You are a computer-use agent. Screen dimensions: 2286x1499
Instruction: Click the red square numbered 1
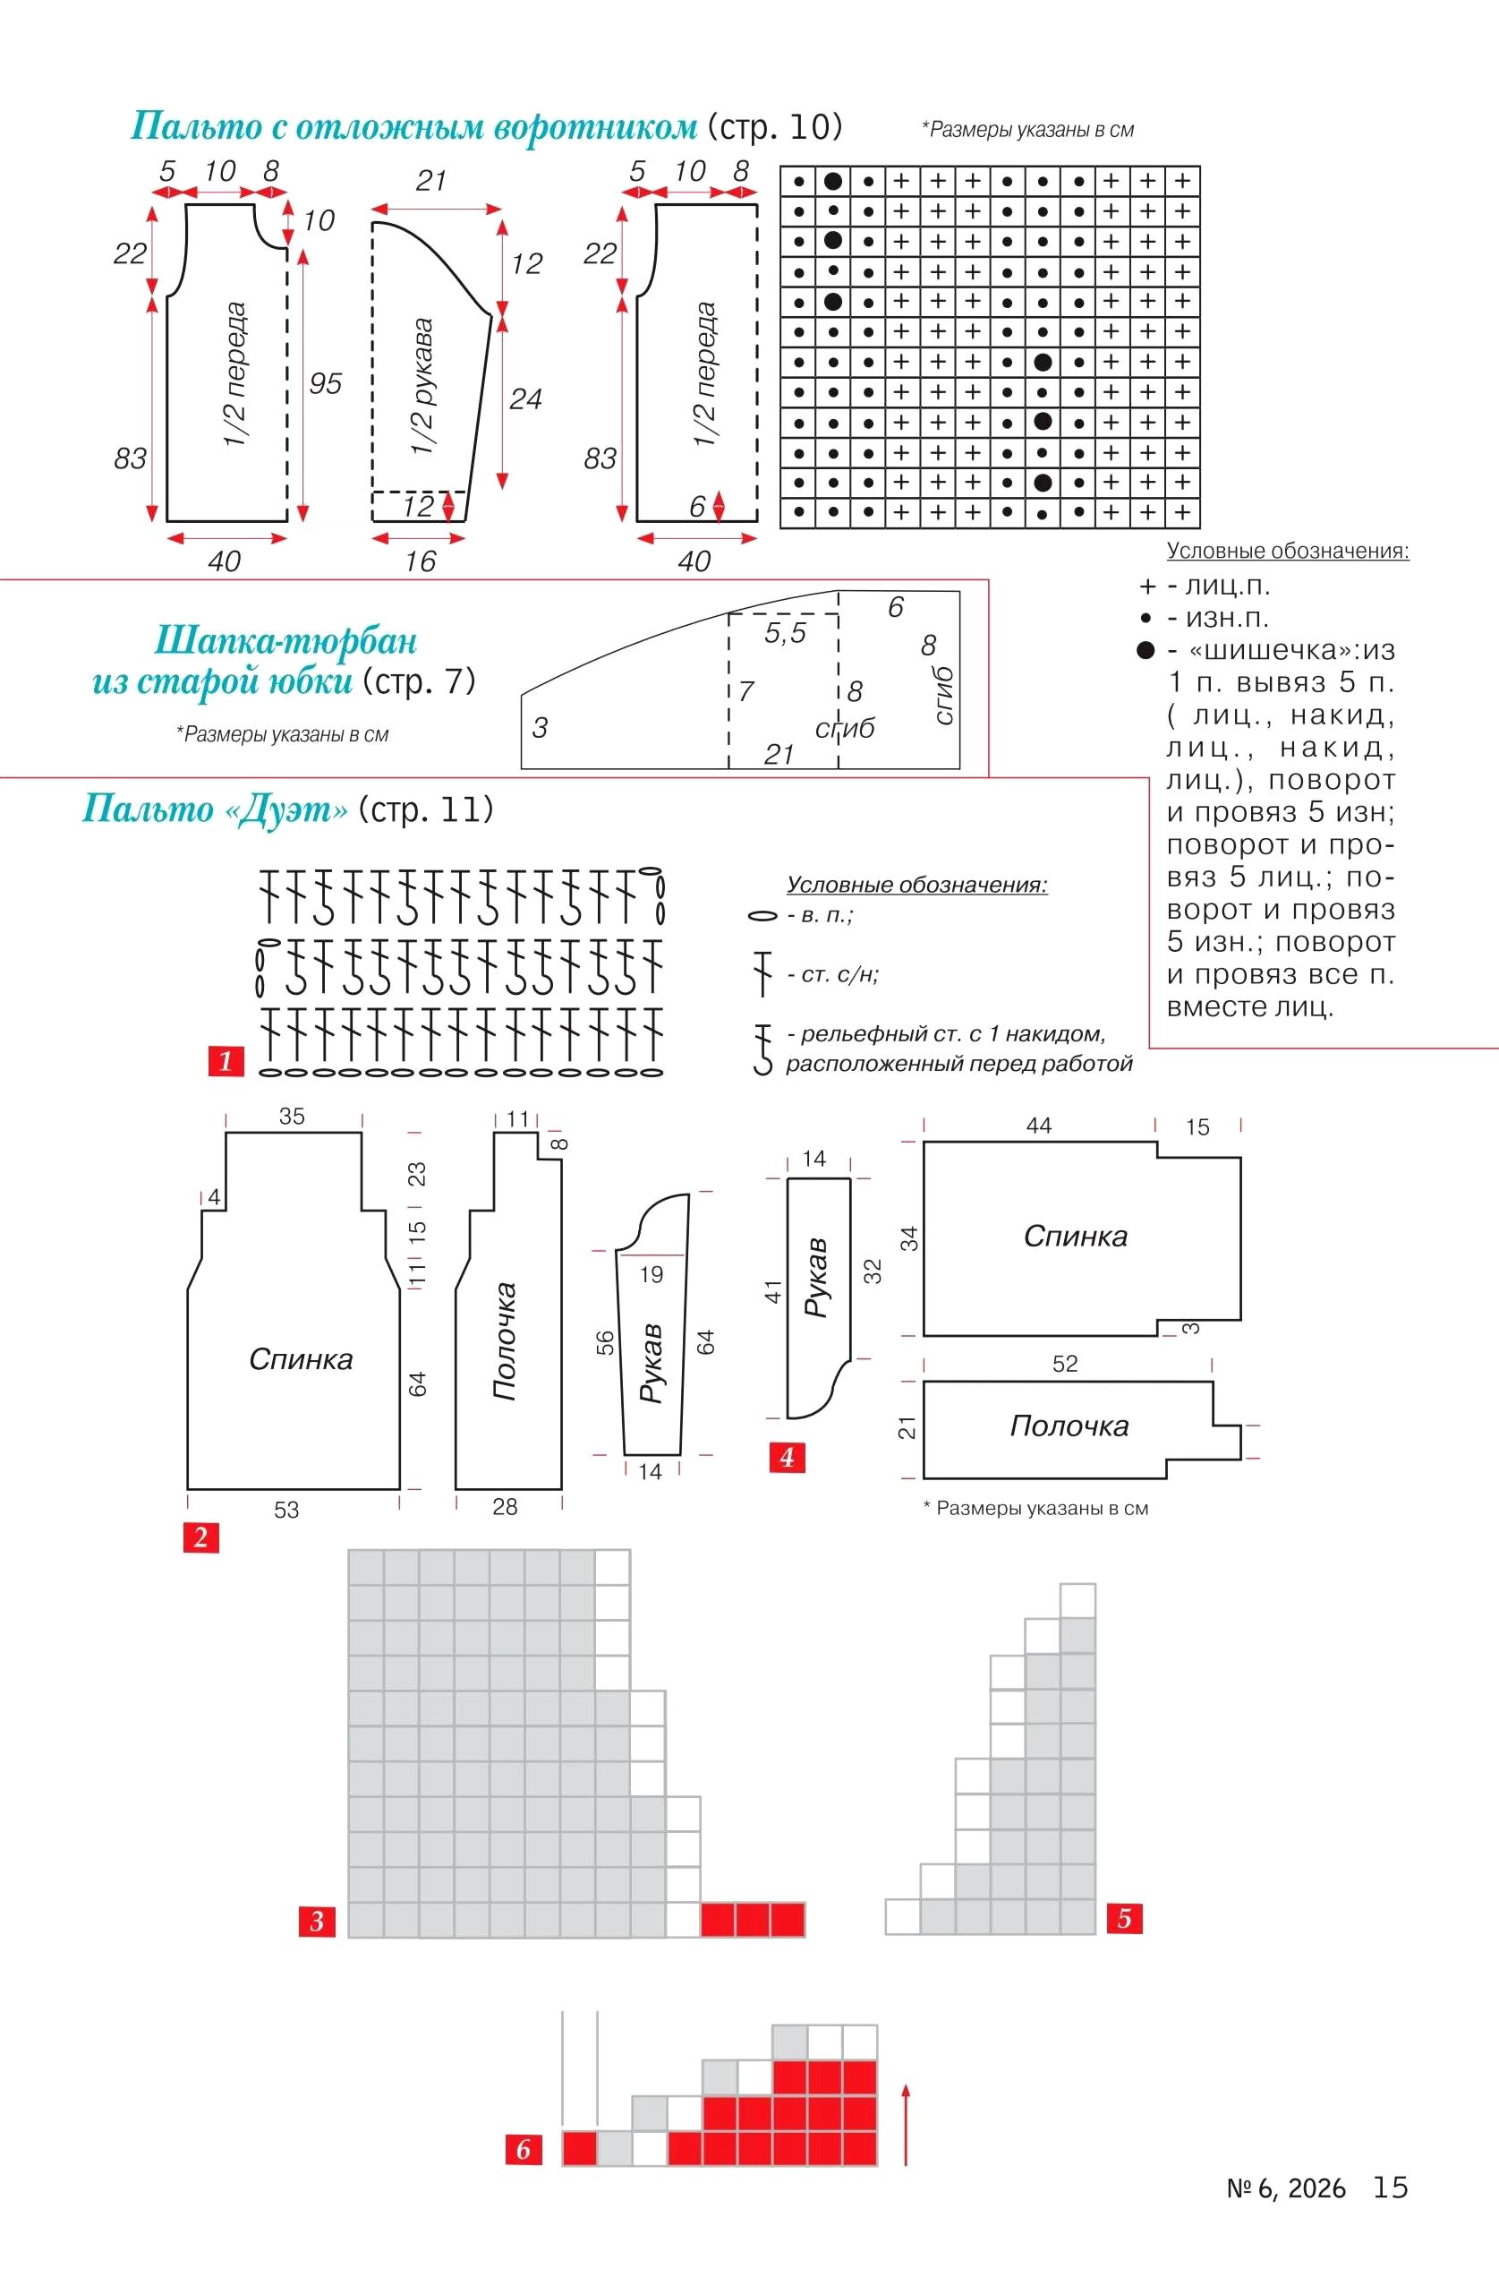pos(226,1060)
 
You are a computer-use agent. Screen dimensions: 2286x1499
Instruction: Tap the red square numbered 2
pos(200,1537)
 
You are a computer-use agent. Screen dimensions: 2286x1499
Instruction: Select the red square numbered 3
pos(317,1921)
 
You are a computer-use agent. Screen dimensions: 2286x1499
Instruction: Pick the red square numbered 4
pos(787,1457)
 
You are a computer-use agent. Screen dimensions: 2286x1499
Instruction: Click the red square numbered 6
pos(524,2149)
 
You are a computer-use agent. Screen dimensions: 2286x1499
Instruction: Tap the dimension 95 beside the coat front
pos(326,383)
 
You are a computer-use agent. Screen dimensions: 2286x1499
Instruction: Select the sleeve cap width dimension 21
pos(431,181)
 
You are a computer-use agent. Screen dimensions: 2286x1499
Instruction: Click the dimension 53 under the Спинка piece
pos(286,1510)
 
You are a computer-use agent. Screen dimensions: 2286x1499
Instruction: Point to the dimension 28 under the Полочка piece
pos(505,1507)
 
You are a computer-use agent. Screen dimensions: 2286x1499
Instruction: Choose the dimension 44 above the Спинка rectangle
pos(1039,1125)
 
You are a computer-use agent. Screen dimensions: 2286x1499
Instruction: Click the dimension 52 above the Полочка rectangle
pos(1065,1363)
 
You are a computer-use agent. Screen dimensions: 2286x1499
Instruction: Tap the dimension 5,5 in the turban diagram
pos(785,632)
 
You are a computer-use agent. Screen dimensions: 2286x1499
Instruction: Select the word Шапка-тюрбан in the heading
pos(286,639)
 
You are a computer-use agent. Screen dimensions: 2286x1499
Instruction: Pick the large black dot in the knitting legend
pos(1145,650)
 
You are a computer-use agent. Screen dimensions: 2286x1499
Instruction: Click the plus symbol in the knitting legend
pos(1146,586)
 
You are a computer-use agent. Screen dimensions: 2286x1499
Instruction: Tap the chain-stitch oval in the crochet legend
pos(762,916)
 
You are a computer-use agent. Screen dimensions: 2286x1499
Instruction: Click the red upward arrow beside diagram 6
pos(905,2123)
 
